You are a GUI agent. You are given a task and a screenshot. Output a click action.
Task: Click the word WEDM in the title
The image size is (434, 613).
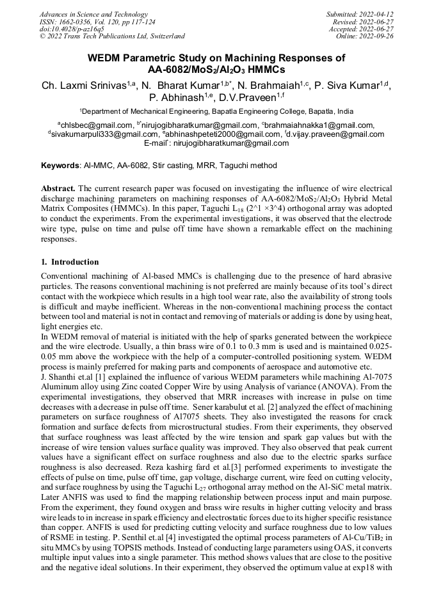point(104,58)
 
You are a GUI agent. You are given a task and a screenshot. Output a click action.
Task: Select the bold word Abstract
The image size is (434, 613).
point(58,189)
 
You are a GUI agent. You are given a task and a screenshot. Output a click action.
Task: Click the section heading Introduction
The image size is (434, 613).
point(75,262)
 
